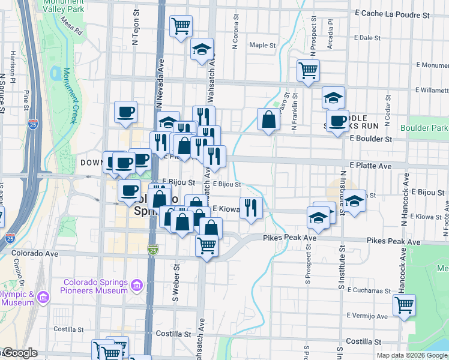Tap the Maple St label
262,45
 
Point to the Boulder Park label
426,128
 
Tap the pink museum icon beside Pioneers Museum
137,284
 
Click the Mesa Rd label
71,27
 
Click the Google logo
19,353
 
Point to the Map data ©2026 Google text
412,355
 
